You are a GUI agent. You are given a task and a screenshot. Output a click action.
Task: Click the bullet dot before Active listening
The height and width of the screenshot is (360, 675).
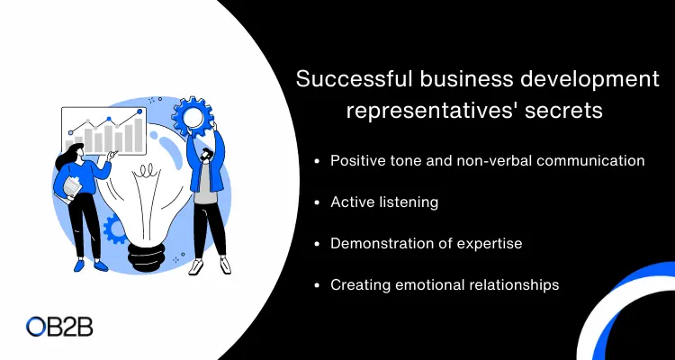pos(318,202)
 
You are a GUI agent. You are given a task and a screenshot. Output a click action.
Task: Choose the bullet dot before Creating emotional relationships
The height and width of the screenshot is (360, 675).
pos(318,285)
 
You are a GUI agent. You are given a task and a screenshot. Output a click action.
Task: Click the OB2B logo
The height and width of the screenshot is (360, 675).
pos(59,327)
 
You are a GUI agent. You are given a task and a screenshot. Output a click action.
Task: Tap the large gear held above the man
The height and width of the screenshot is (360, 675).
pos(193,116)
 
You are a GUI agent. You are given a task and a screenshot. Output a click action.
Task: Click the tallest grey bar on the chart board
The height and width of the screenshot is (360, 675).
pos(139,135)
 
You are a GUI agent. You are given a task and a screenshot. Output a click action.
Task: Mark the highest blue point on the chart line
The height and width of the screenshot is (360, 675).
pos(139,112)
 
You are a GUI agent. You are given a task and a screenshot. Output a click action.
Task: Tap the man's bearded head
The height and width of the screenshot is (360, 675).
pos(207,154)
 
